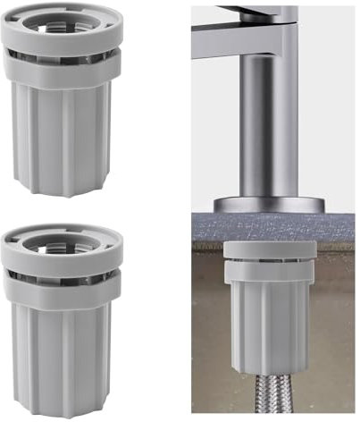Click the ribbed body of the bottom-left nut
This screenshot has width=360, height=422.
[x=63, y=353]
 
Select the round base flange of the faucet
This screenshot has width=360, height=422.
[x=269, y=203]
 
